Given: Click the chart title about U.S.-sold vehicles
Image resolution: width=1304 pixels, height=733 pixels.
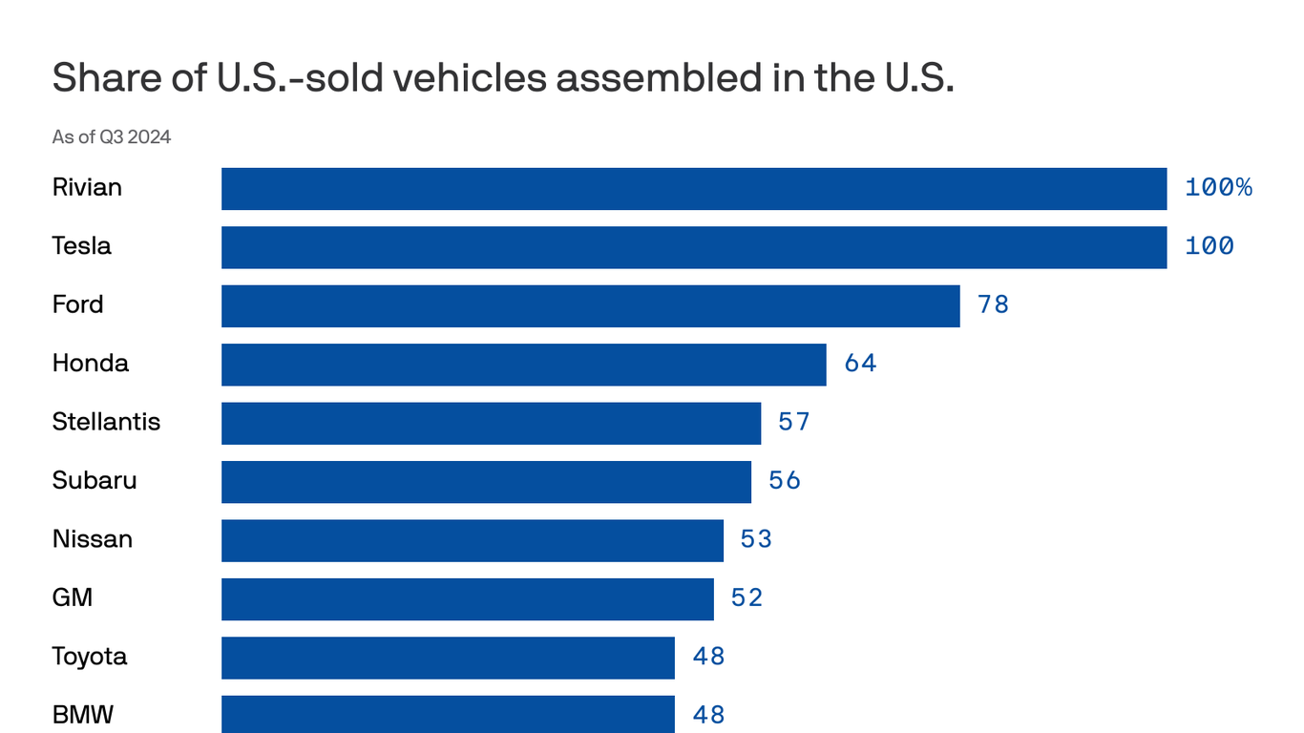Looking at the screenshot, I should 503,78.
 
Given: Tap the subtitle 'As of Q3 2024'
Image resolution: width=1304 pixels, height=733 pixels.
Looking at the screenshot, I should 112,136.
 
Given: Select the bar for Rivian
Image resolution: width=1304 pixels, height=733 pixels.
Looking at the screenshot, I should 694,189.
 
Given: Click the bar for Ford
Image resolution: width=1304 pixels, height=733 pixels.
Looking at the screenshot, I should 590,306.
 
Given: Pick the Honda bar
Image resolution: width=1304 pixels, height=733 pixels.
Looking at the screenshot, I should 523,365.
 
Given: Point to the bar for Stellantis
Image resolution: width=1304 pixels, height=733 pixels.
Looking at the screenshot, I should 491,423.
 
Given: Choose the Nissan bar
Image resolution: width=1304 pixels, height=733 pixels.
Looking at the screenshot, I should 473,540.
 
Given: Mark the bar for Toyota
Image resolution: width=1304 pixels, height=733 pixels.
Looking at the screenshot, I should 448,658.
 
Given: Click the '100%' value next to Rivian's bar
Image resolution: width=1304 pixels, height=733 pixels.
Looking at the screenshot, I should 1218,188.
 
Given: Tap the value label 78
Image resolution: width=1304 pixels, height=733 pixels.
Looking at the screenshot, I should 993,305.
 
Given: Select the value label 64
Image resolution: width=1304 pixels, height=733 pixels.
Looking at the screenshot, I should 860,364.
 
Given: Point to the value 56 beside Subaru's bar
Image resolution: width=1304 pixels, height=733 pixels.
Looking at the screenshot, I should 785,481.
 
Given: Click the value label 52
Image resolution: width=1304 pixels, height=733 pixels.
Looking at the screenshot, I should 747,598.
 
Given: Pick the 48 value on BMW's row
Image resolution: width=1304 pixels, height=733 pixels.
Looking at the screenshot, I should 708,715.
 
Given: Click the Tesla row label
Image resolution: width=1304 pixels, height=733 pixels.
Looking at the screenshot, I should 81,246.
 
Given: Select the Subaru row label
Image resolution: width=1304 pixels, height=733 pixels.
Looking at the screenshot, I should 95,480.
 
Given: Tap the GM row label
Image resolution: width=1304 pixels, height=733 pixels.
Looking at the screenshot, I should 73,598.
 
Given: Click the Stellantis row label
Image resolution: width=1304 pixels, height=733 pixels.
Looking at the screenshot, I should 106,422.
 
